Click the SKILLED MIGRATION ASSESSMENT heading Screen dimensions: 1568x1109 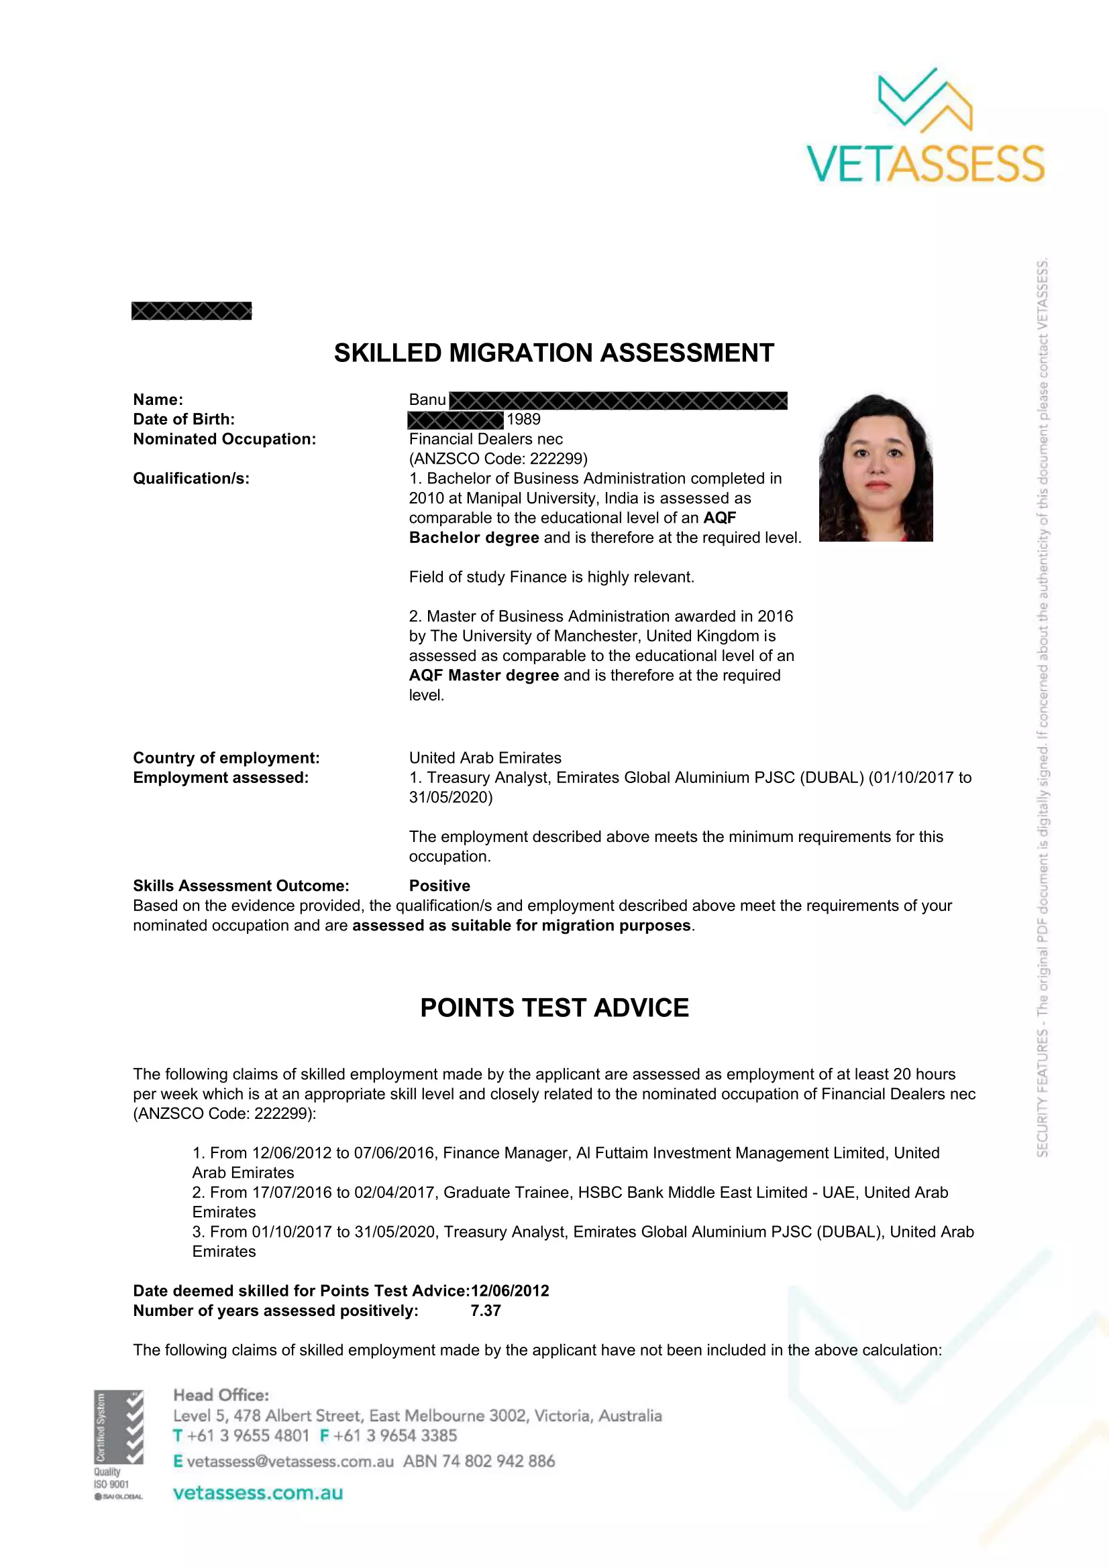click(x=553, y=353)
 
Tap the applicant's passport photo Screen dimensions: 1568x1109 click(x=876, y=468)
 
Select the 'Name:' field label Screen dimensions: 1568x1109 click(x=158, y=400)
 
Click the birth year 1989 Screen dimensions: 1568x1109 click(x=523, y=419)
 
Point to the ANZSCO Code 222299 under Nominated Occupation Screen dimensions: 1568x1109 click(x=498, y=459)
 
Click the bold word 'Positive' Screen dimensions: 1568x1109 click(x=439, y=886)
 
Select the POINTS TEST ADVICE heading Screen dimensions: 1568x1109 click(x=554, y=1008)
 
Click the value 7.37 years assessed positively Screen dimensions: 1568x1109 click(x=485, y=1311)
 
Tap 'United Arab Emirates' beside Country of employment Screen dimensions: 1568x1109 click(x=485, y=758)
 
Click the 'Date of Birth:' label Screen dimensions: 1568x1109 click(x=184, y=419)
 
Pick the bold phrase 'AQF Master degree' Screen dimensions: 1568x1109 click(x=484, y=676)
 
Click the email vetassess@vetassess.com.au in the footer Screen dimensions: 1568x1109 click(x=290, y=1461)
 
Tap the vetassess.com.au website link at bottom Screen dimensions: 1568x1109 click(x=258, y=1493)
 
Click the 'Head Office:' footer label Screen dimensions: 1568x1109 click(x=221, y=1395)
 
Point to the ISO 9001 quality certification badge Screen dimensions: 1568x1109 click(x=119, y=1445)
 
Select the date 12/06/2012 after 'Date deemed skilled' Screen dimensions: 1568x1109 click(x=510, y=1290)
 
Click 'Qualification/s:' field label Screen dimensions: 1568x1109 click(x=191, y=478)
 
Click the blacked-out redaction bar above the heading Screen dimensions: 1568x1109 click(x=191, y=311)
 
